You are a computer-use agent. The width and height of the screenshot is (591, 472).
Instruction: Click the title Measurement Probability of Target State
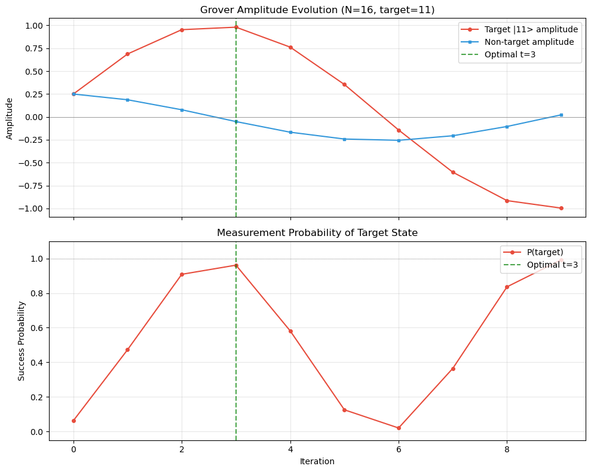pos(317,232)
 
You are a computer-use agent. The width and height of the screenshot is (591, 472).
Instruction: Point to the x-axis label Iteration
pos(317,461)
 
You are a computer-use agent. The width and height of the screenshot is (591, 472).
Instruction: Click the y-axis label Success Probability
pos(22,341)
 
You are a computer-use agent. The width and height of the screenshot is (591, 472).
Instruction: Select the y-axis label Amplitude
pos(9,117)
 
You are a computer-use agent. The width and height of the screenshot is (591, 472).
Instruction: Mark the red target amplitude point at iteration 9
pos(561,208)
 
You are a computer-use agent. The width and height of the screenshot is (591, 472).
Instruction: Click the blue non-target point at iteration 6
pos(399,140)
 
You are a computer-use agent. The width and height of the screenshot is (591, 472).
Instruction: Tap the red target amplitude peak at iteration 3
pos(236,27)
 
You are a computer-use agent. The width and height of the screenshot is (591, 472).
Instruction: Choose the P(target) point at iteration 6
pos(399,428)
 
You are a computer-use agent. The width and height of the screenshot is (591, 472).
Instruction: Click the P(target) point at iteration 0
pos(74,421)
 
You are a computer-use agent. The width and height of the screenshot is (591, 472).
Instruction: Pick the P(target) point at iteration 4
pos(290,331)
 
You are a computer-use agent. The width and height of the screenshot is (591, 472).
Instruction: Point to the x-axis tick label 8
pos(507,448)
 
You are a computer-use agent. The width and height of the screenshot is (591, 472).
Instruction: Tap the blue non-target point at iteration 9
pos(561,115)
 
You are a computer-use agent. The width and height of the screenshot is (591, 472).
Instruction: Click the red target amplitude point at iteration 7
pos(453,172)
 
